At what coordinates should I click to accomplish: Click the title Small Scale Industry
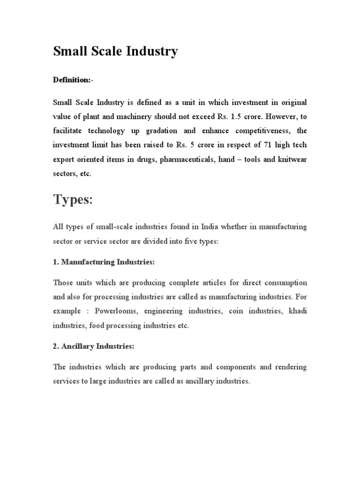(x=115, y=51)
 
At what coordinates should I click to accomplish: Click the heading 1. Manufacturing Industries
(x=104, y=262)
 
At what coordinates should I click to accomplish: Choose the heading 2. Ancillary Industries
(x=93, y=346)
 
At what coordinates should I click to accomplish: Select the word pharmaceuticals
(x=187, y=159)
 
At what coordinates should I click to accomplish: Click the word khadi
(x=298, y=311)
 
